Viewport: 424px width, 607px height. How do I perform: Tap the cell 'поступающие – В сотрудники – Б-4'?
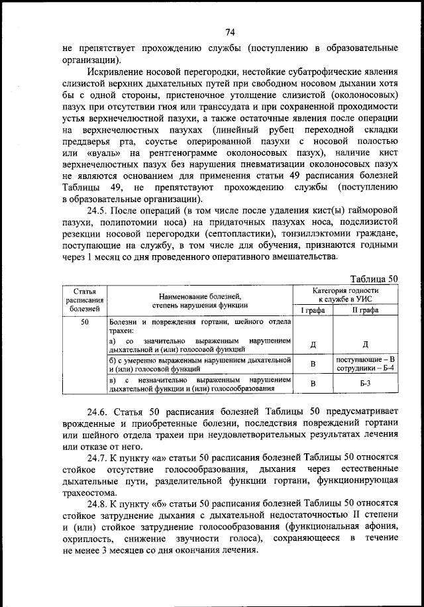coord(365,363)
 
